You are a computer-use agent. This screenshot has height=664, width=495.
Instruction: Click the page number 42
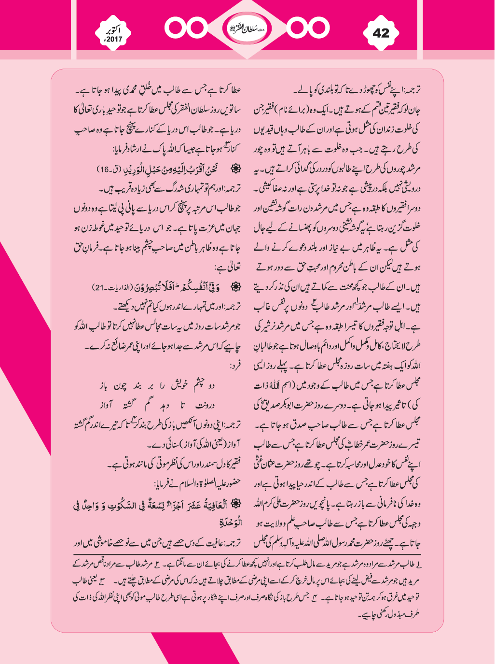[x=381, y=33]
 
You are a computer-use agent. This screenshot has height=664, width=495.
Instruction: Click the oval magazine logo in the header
[x=247, y=28]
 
